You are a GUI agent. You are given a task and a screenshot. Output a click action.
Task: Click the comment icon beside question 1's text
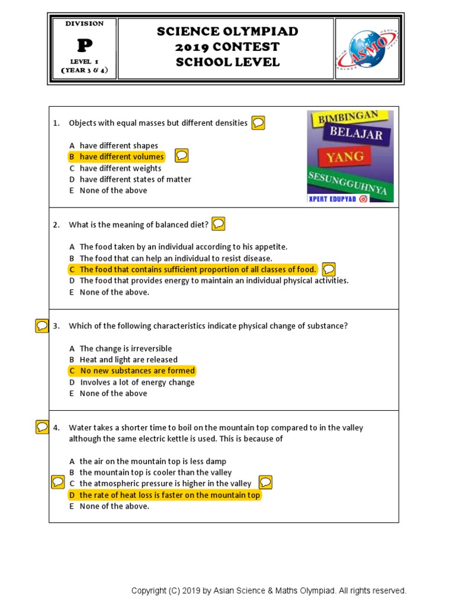[258, 123]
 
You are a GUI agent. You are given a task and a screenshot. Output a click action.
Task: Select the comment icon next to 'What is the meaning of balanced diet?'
[219, 224]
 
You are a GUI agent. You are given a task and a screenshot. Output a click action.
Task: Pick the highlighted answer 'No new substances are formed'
[137, 371]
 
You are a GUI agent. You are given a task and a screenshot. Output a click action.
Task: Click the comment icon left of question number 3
[42, 325]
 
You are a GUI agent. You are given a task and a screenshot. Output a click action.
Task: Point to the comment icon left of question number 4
[42, 427]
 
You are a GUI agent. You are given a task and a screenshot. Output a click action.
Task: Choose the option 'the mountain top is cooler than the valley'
[156, 472]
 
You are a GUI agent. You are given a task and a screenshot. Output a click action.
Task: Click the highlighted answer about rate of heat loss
[169, 495]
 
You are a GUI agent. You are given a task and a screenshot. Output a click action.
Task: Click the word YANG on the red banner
[349, 156]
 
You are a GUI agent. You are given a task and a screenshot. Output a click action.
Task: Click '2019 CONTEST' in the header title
[227, 47]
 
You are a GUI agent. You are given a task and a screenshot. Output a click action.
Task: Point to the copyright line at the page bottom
[269, 591]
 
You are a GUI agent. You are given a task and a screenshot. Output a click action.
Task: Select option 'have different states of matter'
[135, 180]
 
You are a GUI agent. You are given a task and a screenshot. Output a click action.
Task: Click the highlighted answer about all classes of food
[198, 270]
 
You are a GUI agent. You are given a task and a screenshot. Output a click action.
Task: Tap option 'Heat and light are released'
[129, 360]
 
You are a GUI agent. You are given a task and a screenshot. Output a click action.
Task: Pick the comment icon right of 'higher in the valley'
[266, 483]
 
